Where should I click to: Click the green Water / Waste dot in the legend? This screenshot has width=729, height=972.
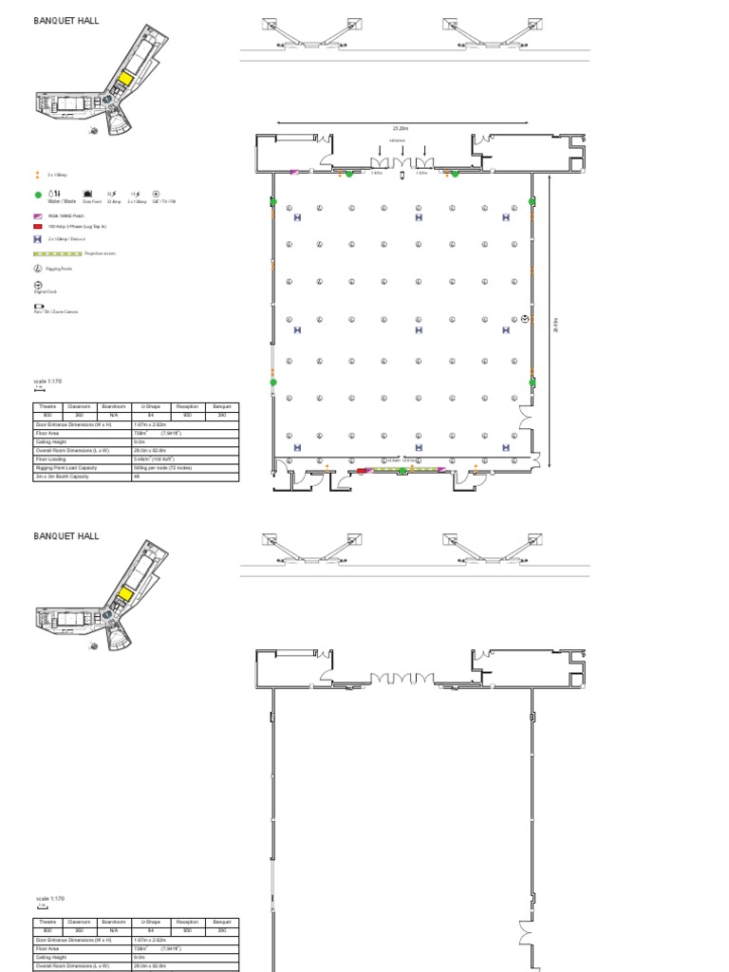pyautogui.click(x=38, y=195)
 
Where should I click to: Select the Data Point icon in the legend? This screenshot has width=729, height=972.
pyautogui.click(x=91, y=194)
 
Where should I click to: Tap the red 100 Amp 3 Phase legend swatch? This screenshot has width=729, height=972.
pyautogui.click(x=37, y=227)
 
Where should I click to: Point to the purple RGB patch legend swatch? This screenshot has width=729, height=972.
pyautogui.click(x=37, y=216)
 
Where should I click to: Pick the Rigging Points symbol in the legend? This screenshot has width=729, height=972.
pyautogui.click(x=37, y=269)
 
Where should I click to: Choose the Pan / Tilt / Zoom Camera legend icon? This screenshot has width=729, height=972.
pyautogui.click(x=38, y=307)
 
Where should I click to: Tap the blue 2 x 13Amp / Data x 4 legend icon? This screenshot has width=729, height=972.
pyautogui.click(x=37, y=239)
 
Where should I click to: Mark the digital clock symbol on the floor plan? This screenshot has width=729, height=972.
pyautogui.click(x=525, y=318)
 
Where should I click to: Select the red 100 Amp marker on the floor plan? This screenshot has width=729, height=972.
pyautogui.click(x=362, y=469)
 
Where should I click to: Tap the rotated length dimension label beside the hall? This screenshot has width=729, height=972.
pyautogui.click(x=556, y=326)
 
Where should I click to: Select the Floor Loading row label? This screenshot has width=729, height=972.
pyautogui.click(x=53, y=458)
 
